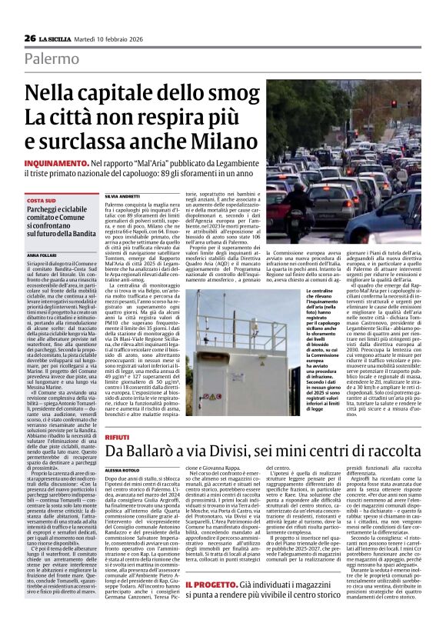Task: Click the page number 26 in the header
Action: point(29,38)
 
